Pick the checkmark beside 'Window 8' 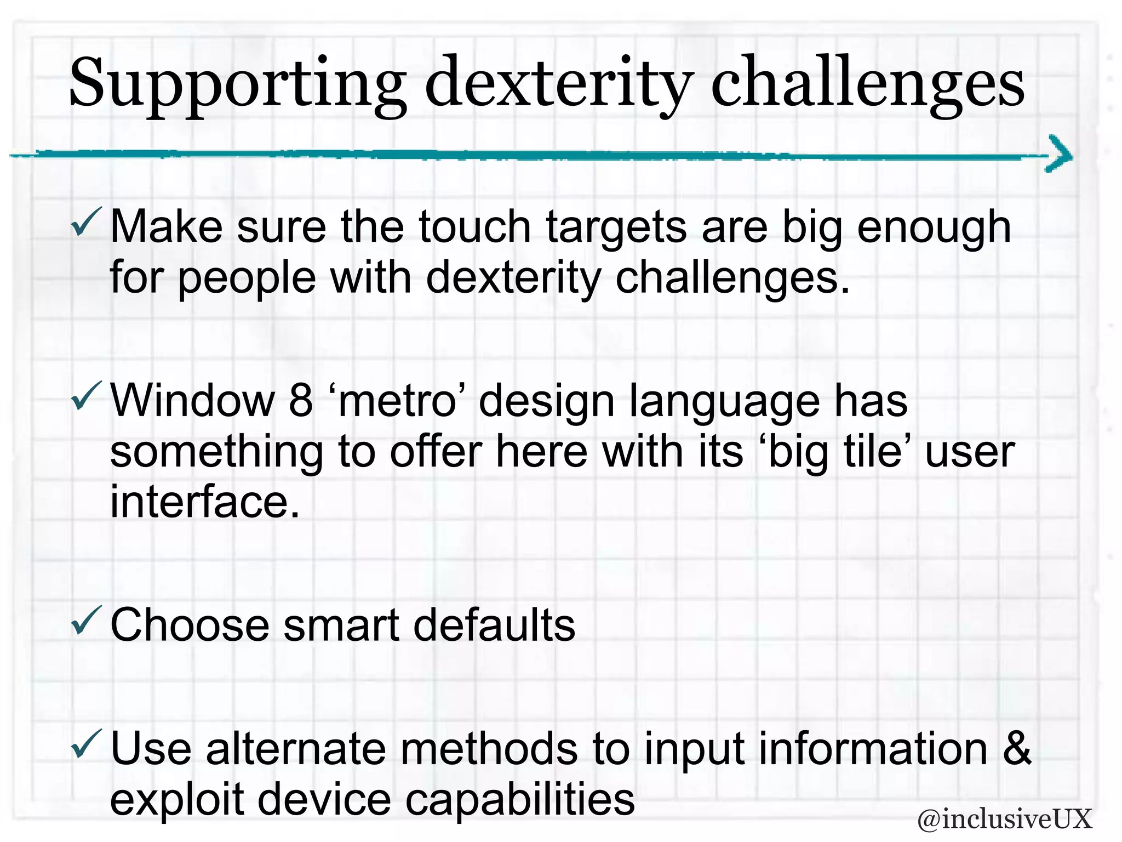point(87,396)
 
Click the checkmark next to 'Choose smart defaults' point(87,621)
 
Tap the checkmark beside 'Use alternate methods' point(87,744)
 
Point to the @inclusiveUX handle point(1004,819)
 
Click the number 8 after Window point(301,401)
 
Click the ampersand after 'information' point(1017,749)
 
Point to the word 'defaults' point(494,625)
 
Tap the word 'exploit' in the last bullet point(177,799)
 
